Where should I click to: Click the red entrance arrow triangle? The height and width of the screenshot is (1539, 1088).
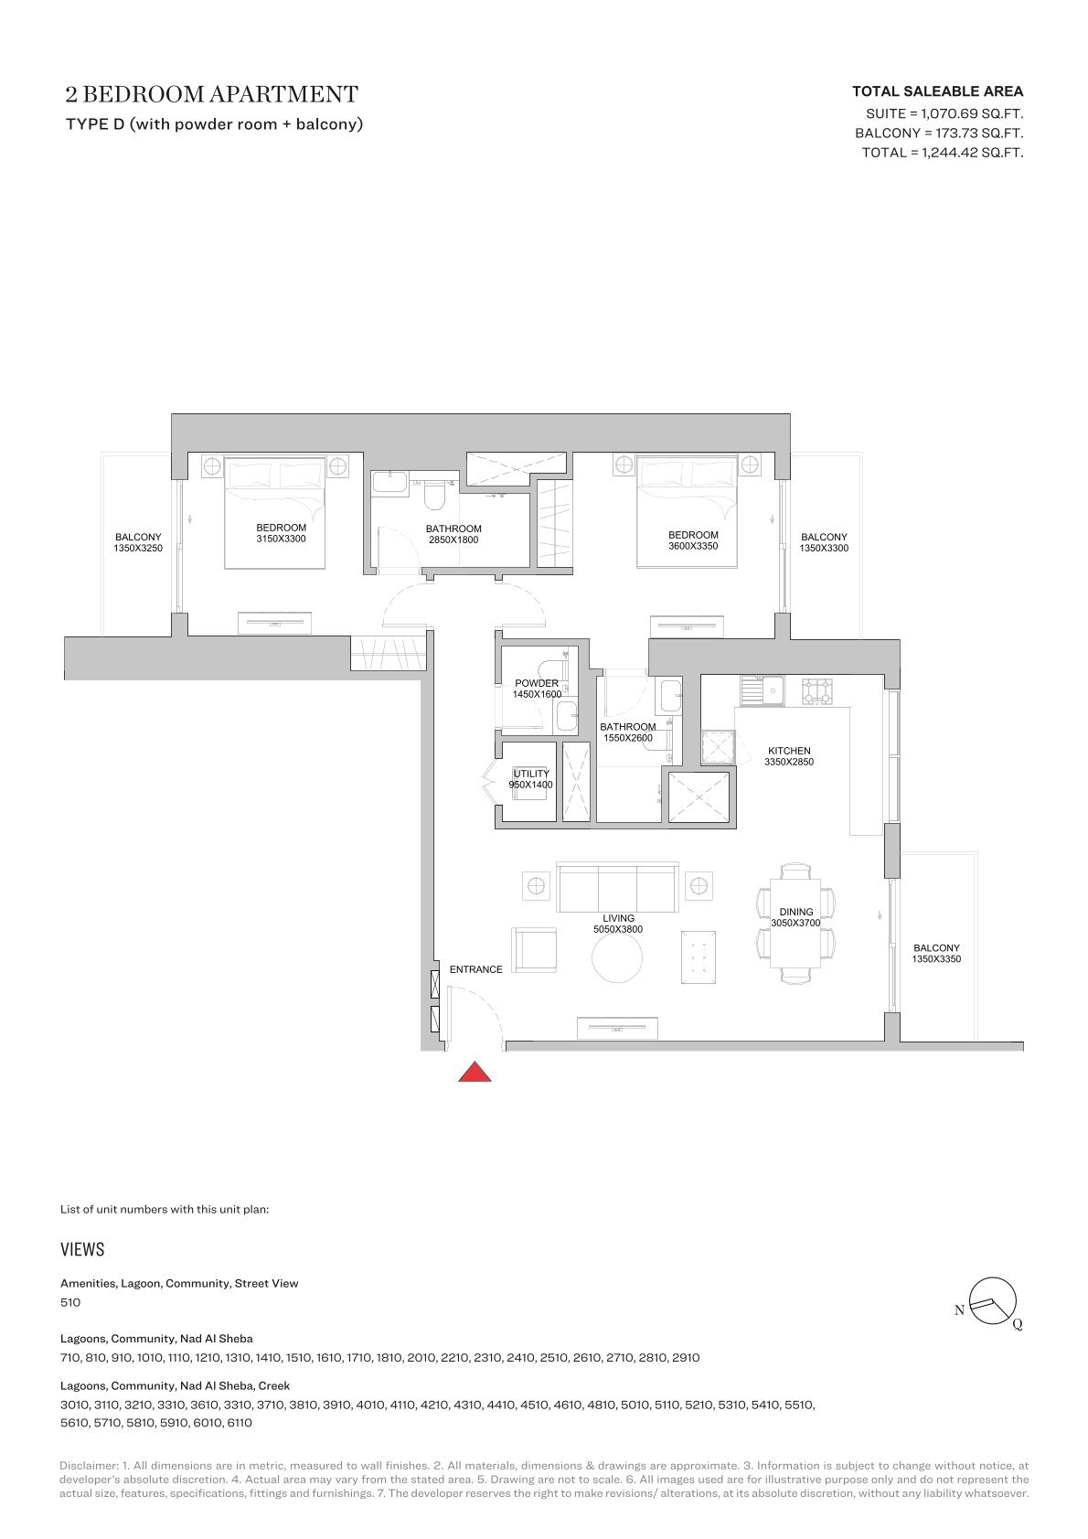click(x=475, y=1073)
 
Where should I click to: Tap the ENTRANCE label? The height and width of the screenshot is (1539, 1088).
click(x=476, y=969)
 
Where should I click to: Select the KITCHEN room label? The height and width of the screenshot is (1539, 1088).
click(x=789, y=751)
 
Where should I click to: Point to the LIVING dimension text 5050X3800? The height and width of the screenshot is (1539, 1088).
click(x=618, y=930)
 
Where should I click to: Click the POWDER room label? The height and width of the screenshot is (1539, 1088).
click(x=537, y=684)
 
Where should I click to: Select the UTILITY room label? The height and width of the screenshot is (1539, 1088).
click(x=531, y=774)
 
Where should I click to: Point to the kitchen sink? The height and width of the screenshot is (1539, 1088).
click(x=762, y=689)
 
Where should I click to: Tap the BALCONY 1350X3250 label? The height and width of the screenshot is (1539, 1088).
click(x=138, y=543)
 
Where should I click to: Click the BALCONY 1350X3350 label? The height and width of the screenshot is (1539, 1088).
click(x=936, y=954)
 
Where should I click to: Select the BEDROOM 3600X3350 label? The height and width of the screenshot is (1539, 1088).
click(x=693, y=540)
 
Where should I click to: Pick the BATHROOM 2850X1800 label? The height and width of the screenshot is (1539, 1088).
click(x=453, y=535)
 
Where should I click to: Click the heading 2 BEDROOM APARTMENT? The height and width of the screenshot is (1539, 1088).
click(x=211, y=94)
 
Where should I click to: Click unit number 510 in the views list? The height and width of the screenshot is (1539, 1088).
click(x=70, y=1302)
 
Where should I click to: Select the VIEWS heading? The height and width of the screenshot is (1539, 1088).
click(x=82, y=1249)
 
